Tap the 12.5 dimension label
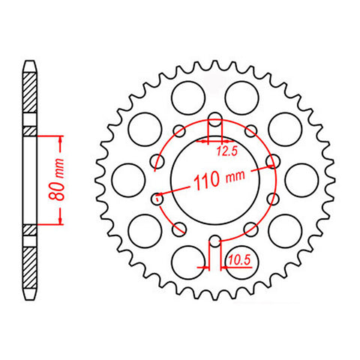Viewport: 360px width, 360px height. tap(227, 150)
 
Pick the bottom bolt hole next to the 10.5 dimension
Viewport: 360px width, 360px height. tap(214, 241)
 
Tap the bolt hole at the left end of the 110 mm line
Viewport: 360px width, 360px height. tap(157, 199)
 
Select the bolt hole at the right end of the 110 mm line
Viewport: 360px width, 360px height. tap(272, 159)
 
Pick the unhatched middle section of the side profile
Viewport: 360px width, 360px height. tap(29, 180)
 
